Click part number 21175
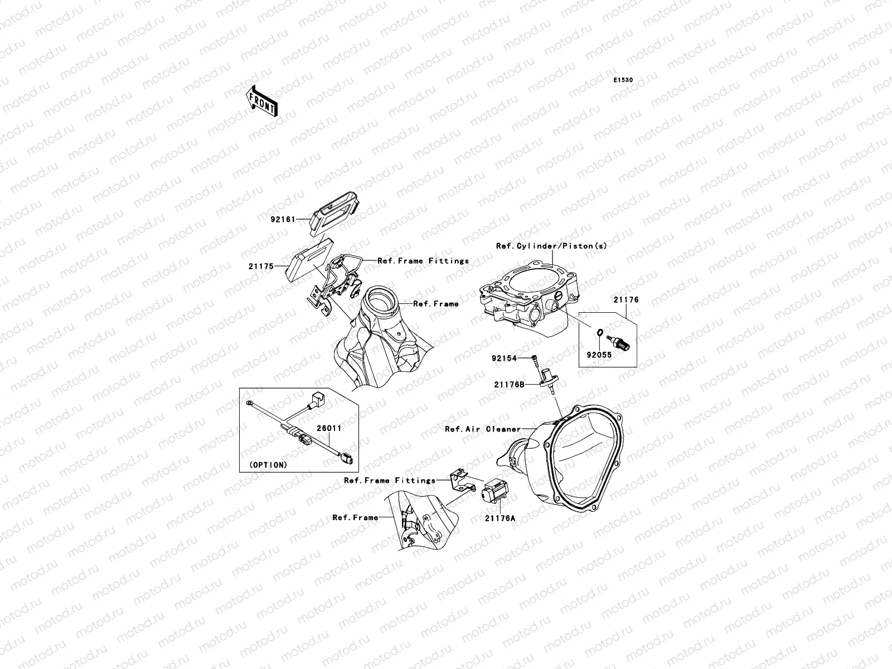tap(261, 266)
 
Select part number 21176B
tap(508, 384)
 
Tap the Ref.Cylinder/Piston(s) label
tap(551, 246)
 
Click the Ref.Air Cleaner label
tap(482, 429)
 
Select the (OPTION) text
tap(268, 464)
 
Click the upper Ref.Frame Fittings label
tap(423, 260)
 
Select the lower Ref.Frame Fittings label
tap(390, 480)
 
